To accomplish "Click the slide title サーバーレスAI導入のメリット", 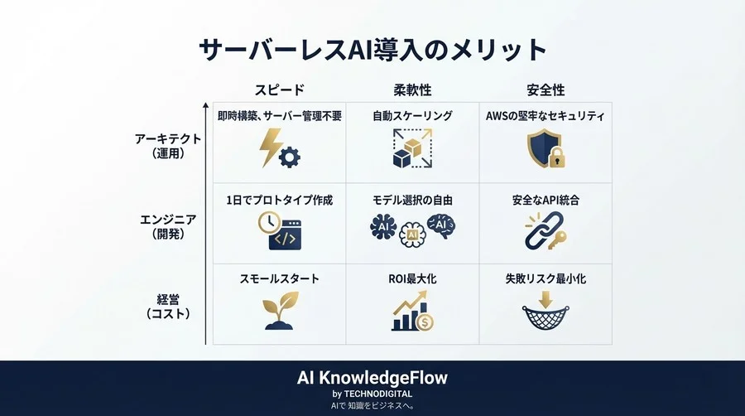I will click(x=372, y=50).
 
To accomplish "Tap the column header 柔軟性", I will click(x=412, y=89).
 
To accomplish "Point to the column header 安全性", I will click(x=546, y=89).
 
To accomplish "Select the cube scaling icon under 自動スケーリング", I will click(x=412, y=149).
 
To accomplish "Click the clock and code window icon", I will click(x=278, y=231).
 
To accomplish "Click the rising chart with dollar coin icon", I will click(x=412, y=313).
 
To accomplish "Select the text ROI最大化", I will click(x=412, y=280).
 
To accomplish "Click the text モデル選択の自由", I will click(x=412, y=201).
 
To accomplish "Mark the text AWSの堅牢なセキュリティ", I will click(x=546, y=116).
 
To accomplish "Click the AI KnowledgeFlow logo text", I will click(x=372, y=378).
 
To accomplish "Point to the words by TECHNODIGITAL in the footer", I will click(x=372, y=394).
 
